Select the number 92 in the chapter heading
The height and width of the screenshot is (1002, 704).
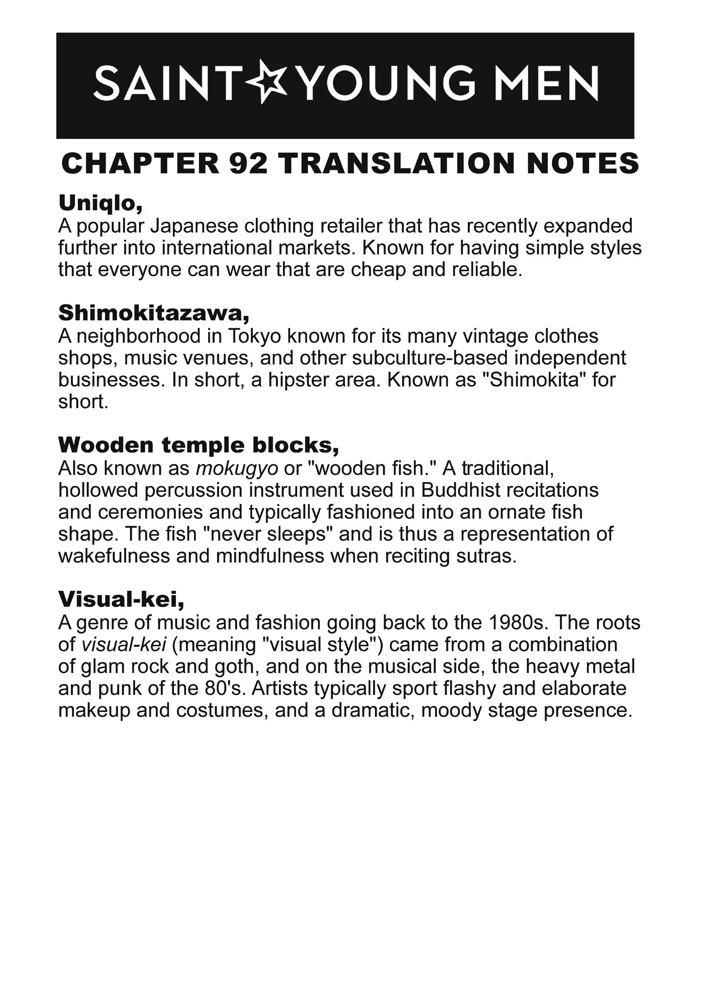tap(248, 164)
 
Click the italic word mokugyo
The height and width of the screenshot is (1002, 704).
tap(236, 468)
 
